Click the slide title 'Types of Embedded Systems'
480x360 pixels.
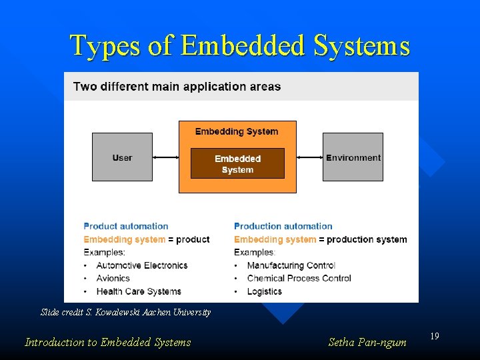pyautogui.click(x=240, y=46)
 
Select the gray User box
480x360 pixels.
pyautogui.click(x=122, y=157)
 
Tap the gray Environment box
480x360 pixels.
pyautogui.click(x=353, y=157)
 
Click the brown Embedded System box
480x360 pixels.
pyautogui.click(x=237, y=163)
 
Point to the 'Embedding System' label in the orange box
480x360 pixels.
pyautogui.click(x=237, y=131)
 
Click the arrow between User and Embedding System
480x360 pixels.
pyautogui.click(x=165, y=157)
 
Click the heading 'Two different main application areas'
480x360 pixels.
pyautogui.click(x=177, y=87)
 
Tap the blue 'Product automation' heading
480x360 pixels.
pyautogui.click(x=126, y=227)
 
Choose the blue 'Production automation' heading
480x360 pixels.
pyautogui.click(x=283, y=227)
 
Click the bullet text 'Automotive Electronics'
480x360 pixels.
pyautogui.click(x=142, y=265)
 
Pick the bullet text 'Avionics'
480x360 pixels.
pyautogui.click(x=113, y=278)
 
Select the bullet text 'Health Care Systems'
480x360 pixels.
pyautogui.click(x=139, y=291)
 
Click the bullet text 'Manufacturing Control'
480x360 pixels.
pyautogui.click(x=291, y=265)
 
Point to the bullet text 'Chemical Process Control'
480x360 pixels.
pyautogui.click(x=299, y=278)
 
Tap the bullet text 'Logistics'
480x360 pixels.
pyautogui.click(x=265, y=291)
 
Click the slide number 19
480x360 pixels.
pyautogui.click(x=434, y=337)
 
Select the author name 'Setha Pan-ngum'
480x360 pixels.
pyautogui.click(x=367, y=343)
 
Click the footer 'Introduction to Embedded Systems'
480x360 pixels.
pyautogui.click(x=107, y=343)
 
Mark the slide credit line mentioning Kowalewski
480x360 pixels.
pyautogui.click(x=125, y=312)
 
